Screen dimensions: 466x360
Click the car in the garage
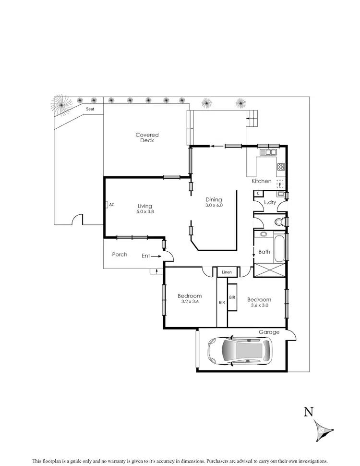click(x=239, y=350)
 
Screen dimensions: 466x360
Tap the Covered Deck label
click(x=147, y=138)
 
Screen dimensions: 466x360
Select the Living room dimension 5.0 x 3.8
click(x=145, y=211)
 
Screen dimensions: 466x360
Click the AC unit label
click(x=111, y=205)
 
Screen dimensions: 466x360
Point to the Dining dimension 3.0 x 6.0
click(x=214, y=205)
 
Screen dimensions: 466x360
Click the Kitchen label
click(x=262, y=181)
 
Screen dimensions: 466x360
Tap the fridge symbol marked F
click(x=280, y=183)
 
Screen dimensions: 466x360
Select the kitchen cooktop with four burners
click(x=281, y=167)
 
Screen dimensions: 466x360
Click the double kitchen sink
click(x=268, y=152)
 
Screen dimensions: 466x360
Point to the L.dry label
click(x=269, y=202)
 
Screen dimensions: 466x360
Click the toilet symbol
click(x=279, y=222)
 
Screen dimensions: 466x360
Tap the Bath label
click(x=264, y=251)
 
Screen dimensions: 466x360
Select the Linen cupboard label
click(x=227, y=272)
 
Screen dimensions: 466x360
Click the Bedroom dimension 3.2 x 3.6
click(x=189, y=302)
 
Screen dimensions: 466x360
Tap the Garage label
click(x=269, y=332)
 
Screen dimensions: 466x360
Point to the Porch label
click(x=120, y=254)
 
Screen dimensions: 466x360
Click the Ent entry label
click(x=145, y=256)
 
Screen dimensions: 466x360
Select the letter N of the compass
click(x=309, y=412)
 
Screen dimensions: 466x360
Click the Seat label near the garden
click(x=90, y=109)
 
